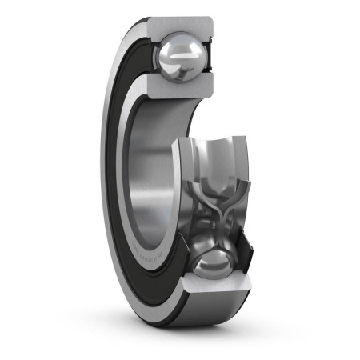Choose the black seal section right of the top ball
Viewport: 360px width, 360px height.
tap(210, 58)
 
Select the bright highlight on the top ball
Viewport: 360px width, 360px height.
tap(174, 50)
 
